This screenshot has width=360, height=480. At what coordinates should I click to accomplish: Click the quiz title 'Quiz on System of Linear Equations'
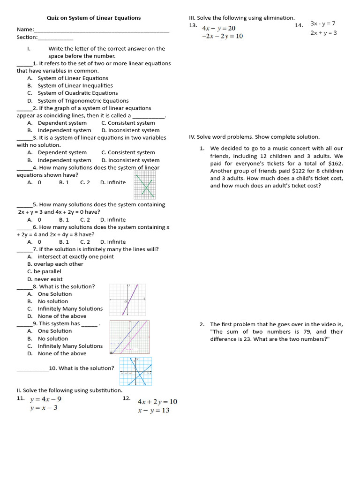point(93,18)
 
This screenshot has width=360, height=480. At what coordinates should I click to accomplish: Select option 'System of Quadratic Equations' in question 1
point(77,93)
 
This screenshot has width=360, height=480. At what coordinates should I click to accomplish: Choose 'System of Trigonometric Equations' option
point(83,100)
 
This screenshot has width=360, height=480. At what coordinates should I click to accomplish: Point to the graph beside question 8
point(127,300)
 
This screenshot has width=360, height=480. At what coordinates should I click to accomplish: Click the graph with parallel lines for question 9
point(129,337)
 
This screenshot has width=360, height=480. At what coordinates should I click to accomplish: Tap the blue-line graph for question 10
point(135,371)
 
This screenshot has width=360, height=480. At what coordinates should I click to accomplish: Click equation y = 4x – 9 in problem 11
point(45,399)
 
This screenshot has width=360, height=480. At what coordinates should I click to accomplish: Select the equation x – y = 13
point(153,411)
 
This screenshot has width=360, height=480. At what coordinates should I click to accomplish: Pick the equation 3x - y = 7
point(323,23)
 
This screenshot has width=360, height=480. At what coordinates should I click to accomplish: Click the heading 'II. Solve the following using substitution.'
point(69,390)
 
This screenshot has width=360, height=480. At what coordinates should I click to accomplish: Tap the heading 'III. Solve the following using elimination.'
point(242,18)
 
